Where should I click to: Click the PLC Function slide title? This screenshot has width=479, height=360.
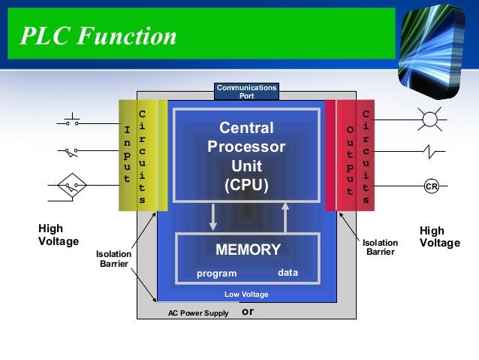98,36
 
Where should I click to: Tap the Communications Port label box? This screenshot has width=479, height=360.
246,92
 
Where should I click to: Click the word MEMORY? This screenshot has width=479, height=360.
248,250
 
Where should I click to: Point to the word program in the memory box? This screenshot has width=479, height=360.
216,274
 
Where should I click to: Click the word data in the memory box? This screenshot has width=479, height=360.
288,273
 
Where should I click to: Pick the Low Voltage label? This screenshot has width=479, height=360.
246,295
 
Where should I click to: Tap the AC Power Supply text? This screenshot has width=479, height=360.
198,313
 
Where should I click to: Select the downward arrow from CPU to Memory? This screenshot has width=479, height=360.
213,216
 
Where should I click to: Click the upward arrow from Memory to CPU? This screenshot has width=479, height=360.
285,216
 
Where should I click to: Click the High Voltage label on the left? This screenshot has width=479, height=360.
58,235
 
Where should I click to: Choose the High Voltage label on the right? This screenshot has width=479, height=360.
439,237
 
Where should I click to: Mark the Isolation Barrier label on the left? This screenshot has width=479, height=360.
113,259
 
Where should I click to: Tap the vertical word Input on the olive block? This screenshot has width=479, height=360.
127,154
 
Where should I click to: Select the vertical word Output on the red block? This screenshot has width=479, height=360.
349,160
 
